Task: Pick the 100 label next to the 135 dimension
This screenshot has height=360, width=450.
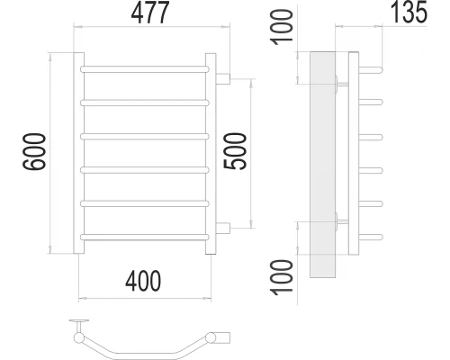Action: (x=284, y=33)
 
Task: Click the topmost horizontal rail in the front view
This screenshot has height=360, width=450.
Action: (x=148, y=68)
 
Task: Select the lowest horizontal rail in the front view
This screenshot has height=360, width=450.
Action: (x=148, y=236)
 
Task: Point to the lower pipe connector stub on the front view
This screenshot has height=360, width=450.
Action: (x=224, y=226)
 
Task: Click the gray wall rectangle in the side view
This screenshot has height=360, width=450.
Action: (x=321, y=162)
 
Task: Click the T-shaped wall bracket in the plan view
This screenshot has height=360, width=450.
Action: (x=80, y=324)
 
